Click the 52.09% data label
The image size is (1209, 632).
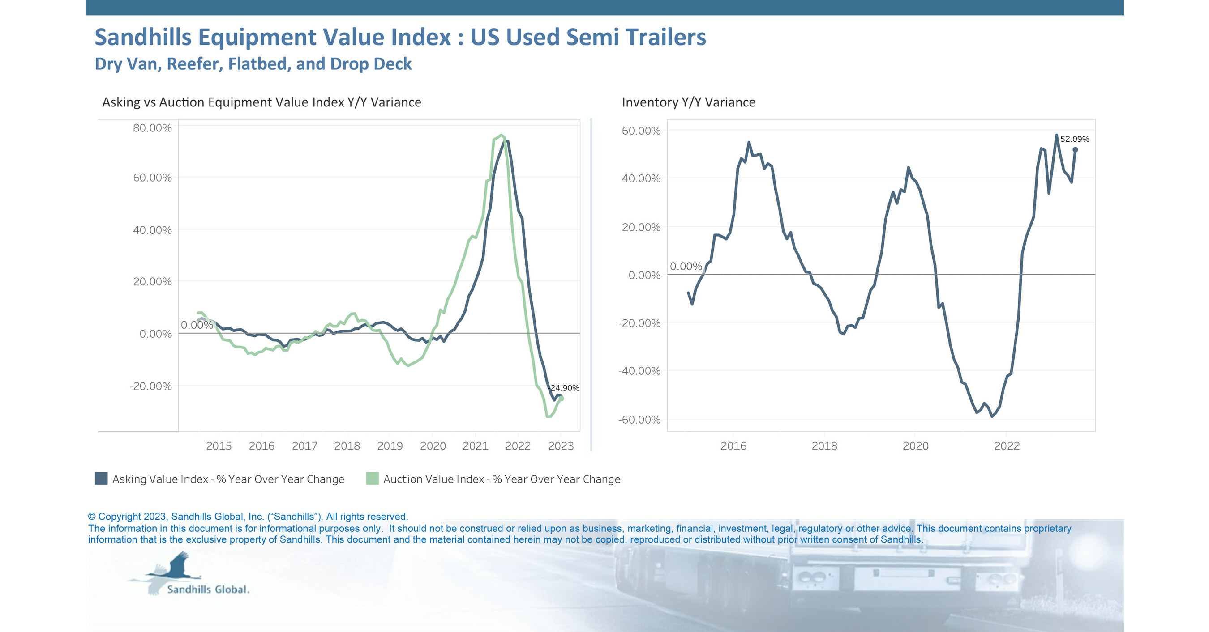tap(1074, 139)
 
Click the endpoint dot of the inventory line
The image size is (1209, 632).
tap(1075, 150)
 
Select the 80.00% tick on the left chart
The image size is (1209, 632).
tap(152, 128)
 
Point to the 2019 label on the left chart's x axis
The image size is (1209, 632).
tap(390, 446)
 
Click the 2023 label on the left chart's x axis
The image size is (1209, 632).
tap(561, 446)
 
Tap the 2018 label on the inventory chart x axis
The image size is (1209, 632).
tap(824, 446)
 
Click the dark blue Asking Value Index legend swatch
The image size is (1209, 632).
tap(101, 479)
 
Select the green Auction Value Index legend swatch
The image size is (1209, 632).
tap(372, 479)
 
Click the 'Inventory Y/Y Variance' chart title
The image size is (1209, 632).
tap(689, 102)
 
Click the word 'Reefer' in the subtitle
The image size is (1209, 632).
tap(195, 64)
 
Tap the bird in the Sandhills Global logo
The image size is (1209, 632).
tap(176, 567)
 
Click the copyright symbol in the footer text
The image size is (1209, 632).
tap(92, 517)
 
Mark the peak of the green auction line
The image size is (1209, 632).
tap(501, 136)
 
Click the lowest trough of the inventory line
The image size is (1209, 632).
tap(992, 416)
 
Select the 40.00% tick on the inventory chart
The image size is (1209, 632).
tap(641, 178)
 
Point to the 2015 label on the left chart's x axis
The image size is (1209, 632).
tap(219, 446)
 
